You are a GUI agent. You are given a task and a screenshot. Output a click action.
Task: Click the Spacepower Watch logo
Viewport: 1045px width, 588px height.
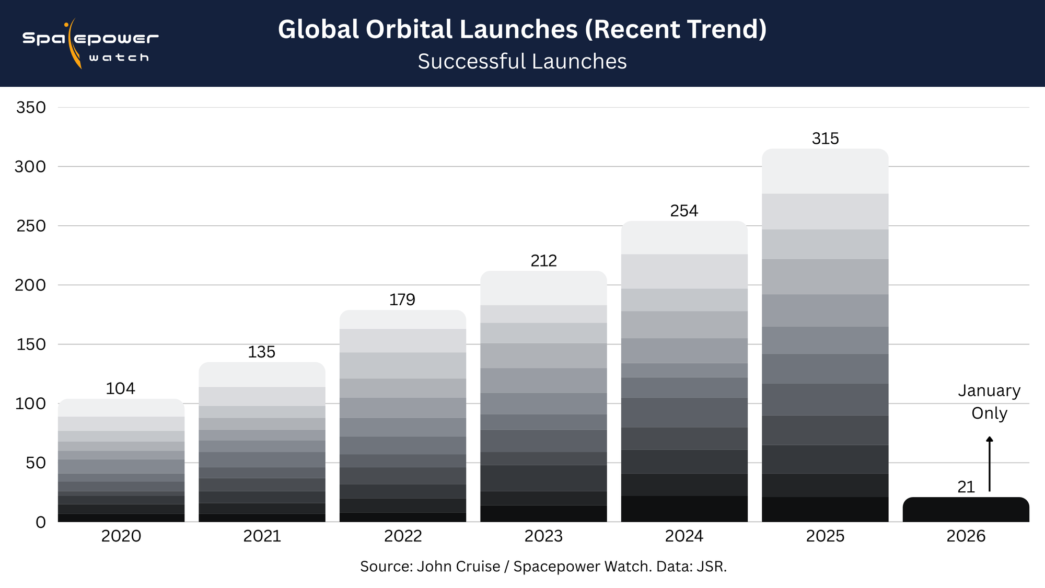90,44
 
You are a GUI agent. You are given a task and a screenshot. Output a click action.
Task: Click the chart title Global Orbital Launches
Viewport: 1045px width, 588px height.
522,29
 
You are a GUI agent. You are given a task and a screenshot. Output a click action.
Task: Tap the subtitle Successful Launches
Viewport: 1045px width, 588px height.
522,62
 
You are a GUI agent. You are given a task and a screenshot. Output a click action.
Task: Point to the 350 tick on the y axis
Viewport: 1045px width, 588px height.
31,108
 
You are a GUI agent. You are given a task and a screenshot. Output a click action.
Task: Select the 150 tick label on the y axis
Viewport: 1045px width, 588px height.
31,344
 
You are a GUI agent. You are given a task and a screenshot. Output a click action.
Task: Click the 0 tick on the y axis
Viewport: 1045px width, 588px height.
40,522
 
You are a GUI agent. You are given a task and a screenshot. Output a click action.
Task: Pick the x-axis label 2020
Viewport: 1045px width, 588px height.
121,536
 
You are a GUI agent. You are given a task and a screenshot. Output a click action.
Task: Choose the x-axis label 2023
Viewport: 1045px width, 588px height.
543,536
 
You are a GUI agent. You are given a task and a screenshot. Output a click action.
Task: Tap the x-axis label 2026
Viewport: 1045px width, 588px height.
966,536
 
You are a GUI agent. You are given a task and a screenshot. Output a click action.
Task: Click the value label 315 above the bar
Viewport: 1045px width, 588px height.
825,139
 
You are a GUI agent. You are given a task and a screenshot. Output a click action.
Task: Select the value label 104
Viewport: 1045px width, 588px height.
120,388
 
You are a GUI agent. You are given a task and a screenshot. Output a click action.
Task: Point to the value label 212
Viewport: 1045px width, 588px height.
543,260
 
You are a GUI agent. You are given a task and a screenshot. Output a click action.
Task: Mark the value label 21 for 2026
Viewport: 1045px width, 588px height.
966,487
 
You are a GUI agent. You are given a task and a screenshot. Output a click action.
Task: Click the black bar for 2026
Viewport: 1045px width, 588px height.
966,510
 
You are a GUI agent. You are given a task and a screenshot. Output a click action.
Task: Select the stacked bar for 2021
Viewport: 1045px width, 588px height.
262,444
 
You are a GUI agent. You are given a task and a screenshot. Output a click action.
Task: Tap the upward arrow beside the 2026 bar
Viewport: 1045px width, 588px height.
989,464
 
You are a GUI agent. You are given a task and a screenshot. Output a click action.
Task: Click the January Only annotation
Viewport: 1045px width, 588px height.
989,402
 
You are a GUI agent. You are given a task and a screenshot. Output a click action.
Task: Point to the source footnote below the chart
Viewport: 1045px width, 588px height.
543,567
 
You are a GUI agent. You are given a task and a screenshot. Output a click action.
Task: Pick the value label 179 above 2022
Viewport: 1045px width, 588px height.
402,299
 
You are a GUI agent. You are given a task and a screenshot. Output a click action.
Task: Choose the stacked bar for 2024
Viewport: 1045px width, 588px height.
684,371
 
